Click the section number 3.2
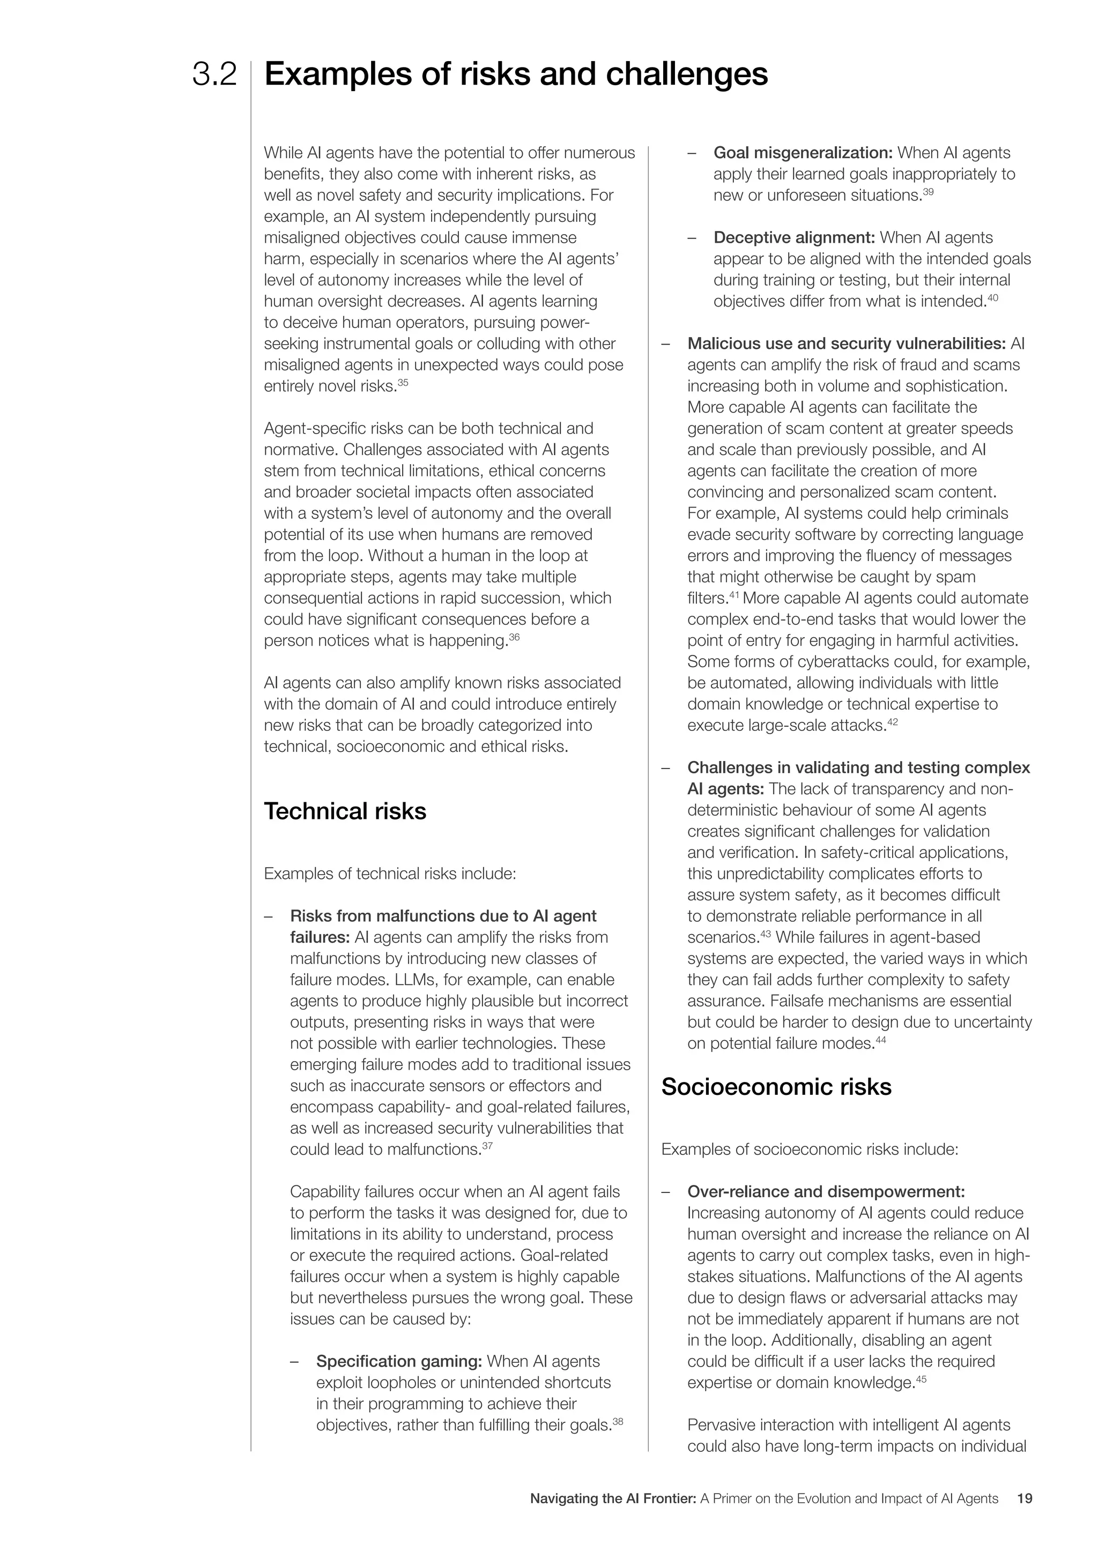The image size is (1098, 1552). click(214, 75)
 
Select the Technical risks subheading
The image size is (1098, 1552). click(345, 811)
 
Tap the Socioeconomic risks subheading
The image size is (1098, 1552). click(776, 1086)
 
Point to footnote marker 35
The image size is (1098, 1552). click(403, 383)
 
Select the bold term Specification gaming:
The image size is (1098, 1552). click(399, 1361)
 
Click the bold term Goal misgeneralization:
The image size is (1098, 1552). click(803, 153)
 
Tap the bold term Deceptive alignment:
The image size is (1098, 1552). click(795, 237)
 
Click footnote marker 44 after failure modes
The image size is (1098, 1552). click(880, 1040)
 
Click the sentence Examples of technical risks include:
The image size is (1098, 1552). click(390, 874)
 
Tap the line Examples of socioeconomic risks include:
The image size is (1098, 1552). click(810, 1149)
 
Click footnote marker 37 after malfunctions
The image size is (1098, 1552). click(487, 1146)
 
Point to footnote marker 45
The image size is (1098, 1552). click(921, 1379)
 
